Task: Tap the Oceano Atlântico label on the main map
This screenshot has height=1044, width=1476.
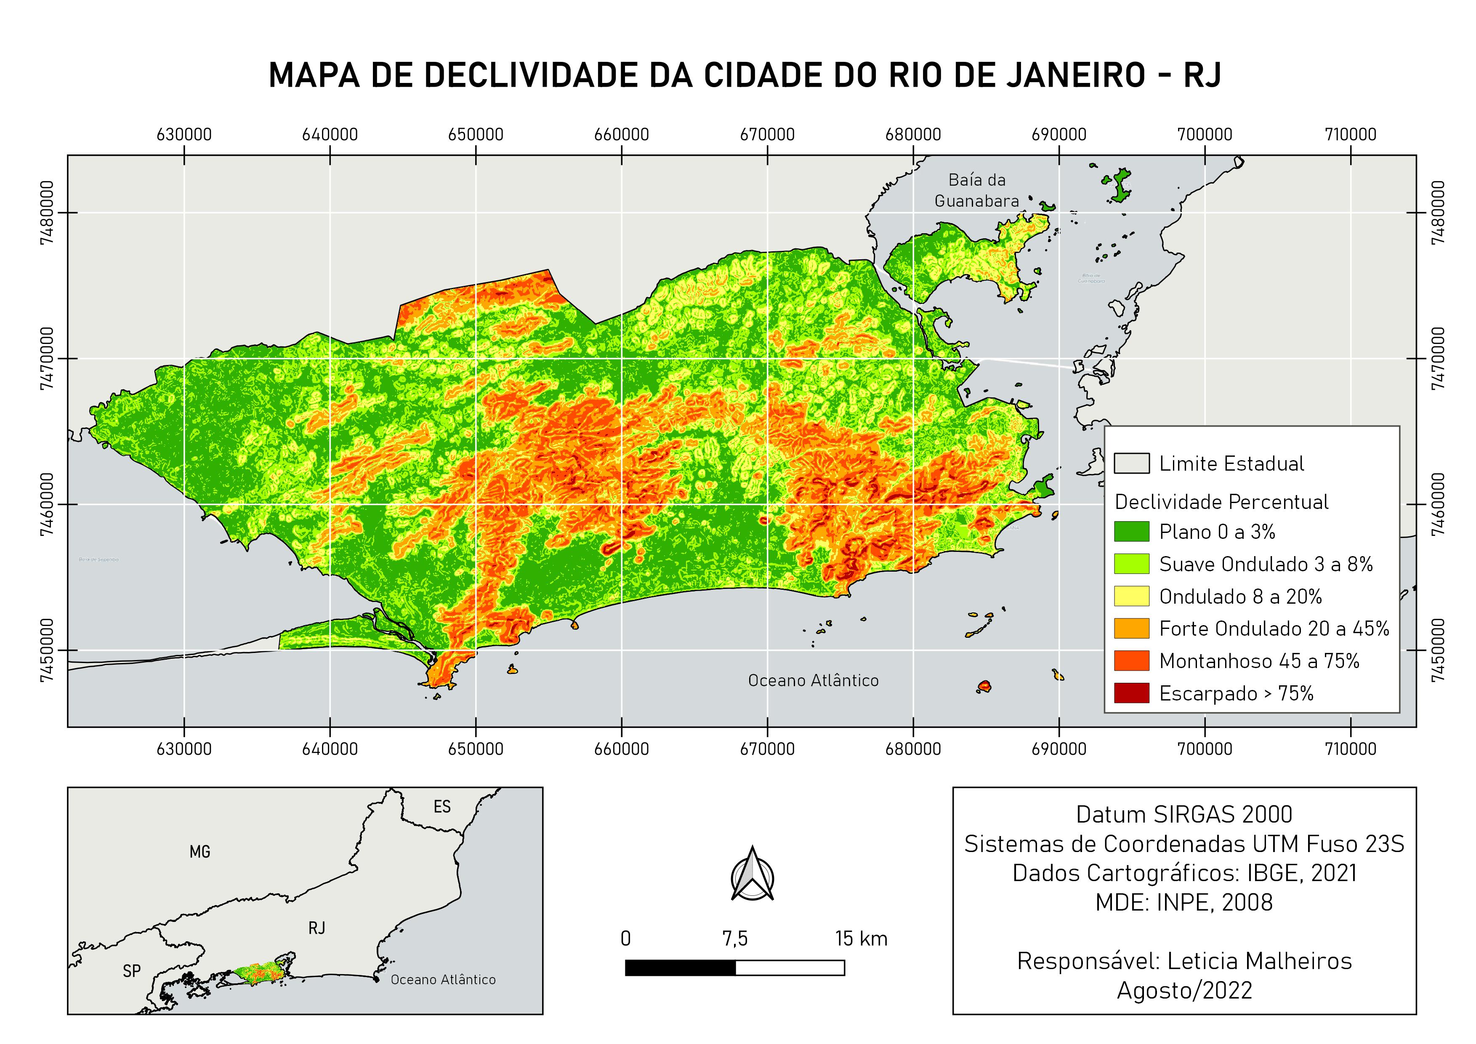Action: click(813, 681)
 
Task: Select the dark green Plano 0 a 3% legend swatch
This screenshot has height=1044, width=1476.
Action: click(1131, 532)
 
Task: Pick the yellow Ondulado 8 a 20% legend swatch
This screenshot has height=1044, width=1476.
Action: click(1131, 597)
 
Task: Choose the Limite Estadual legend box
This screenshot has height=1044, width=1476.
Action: click(1131, 463)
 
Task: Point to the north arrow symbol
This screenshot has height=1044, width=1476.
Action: click(752, 874)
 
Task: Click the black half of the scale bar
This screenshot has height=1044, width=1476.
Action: click(680, 967)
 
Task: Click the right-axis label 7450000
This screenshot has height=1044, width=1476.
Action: click(1439, 650)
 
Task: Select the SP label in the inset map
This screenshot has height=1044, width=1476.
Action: click(132, 971)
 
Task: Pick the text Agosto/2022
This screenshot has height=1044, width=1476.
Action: click(1184, 991)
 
